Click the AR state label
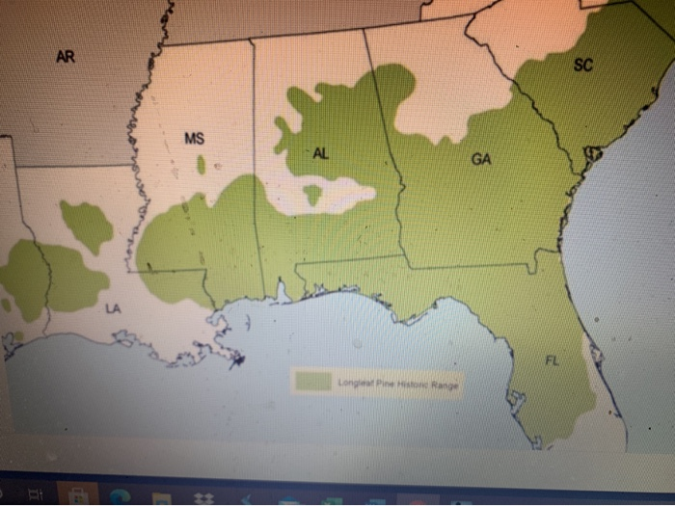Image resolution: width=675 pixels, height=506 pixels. [65, 57]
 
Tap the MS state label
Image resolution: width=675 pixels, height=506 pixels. [194, 139]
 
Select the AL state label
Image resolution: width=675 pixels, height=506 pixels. [320, 154]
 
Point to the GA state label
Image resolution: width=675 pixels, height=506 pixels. [481, 158]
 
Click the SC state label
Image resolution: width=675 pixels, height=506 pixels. [583, 66]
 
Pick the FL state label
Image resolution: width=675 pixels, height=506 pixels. [552, 361]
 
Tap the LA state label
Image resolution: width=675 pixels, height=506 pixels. [113, 308]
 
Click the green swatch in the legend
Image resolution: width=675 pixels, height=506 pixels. [313, 381]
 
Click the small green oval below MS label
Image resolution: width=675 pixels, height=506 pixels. [201, 165]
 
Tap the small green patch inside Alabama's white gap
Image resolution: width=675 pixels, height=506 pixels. [311, 195]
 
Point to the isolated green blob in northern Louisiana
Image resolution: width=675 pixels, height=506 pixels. [87, 225]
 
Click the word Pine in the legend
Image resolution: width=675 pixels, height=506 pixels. [378, 384]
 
